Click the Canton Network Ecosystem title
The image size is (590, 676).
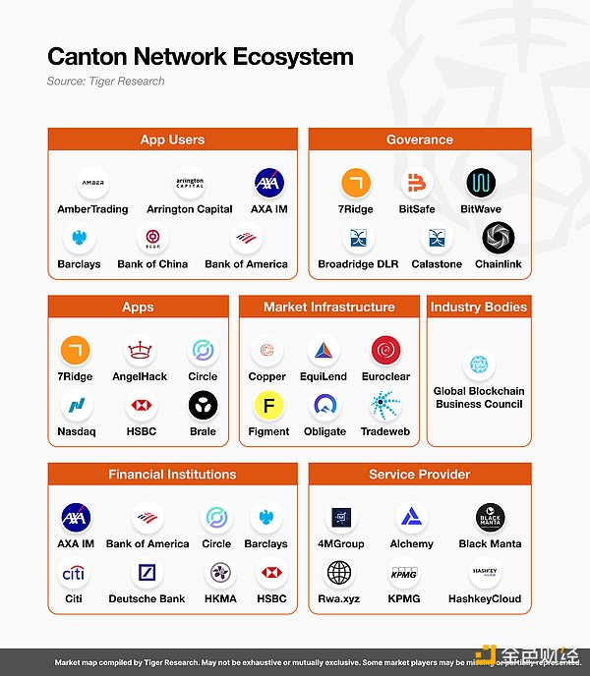(200, 56)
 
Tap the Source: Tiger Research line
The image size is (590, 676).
(105, 81)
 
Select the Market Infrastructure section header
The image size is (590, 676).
(328, 308)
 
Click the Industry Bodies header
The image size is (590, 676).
(478, 308)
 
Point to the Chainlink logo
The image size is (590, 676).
(498, 238)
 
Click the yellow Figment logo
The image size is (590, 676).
(267, 405)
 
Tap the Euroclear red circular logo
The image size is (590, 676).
(385, 351)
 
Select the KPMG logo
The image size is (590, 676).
(404, 573)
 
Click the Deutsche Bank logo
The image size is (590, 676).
(147, 573)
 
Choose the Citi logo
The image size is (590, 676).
(73, 573)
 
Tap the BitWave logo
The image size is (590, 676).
(481, 183)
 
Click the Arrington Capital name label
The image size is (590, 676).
(190, 209)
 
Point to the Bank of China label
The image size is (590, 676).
(152, 264)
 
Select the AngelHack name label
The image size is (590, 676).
(141, 376)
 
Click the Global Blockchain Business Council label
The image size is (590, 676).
(479, 397)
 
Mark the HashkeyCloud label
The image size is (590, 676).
(485, 598)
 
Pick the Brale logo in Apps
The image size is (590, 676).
(203, 405)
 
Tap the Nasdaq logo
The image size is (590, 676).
(76, 405)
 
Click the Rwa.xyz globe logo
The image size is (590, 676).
(339, 573)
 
